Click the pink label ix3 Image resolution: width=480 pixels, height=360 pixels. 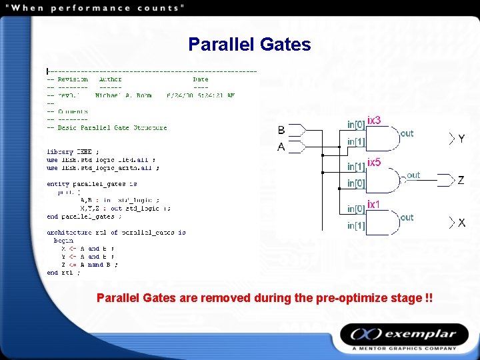[374, 121]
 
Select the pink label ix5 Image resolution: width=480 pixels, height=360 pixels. [374, 163]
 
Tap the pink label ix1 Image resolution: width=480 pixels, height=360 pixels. [373, 204]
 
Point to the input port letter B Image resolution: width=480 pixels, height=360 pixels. [281, 130]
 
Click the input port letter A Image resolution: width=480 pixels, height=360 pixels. [281, 147]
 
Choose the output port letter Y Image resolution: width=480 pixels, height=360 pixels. [461, 139]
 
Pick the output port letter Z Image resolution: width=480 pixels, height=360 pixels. [461, 181]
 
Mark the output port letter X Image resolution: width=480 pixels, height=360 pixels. [461, 223]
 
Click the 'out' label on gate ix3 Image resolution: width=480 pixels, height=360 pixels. [407, 133]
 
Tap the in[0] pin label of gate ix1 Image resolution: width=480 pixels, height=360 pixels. [356, 209]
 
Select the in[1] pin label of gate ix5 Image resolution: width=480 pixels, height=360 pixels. [356, 167]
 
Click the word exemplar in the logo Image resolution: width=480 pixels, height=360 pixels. [419, 334]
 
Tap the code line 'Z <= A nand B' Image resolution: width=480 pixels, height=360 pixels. [89, 265]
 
